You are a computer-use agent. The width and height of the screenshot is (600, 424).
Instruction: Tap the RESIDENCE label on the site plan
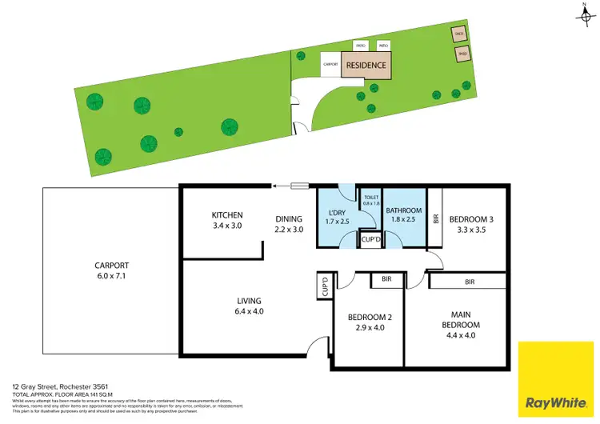tap(366, 66)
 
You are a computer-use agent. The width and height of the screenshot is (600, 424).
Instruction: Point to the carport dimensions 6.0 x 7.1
tap(111, 277)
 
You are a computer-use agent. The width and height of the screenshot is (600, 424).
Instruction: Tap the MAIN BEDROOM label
tap(461, 320)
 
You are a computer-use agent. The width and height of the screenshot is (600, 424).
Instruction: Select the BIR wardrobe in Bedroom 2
tap(386, 279)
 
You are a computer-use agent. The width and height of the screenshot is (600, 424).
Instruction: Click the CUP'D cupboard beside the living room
tap(325, 286)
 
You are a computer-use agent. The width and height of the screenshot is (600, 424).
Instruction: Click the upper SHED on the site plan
tap(458, 34)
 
